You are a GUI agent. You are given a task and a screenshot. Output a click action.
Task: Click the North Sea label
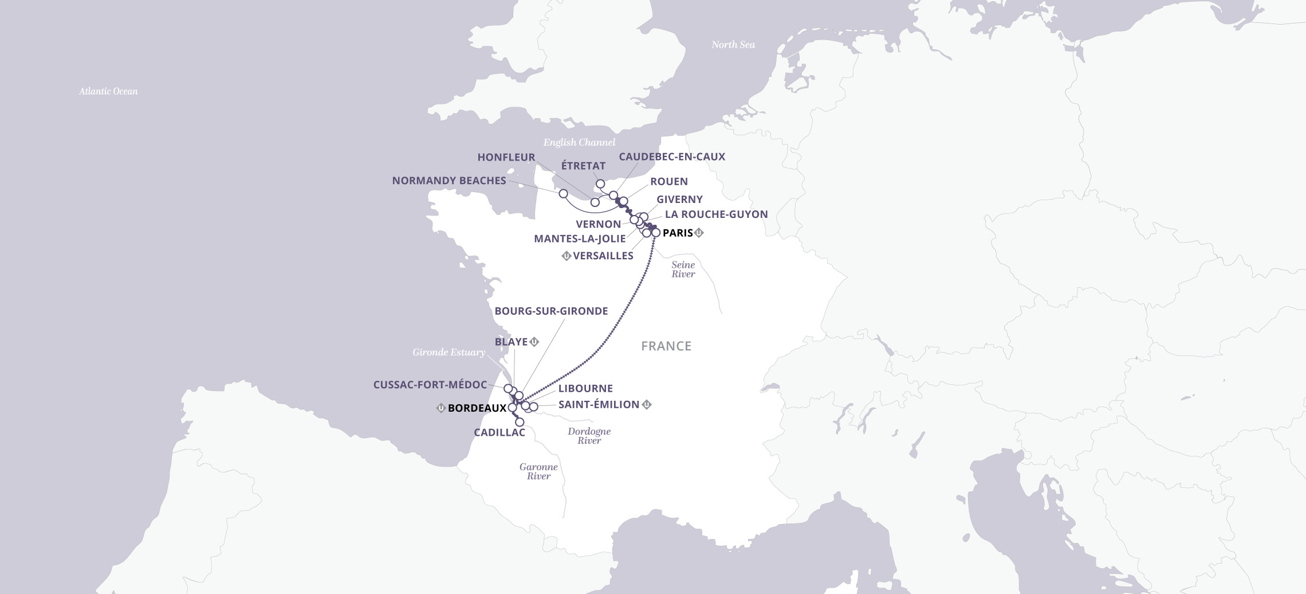pyautogui.click(x=733, y=45)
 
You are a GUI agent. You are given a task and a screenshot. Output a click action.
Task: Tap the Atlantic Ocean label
pyautogui.click(x=108, y=91)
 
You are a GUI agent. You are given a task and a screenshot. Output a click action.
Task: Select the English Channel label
pyautogui.click(x=579, y=142)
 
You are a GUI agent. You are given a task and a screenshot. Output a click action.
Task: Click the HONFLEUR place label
pyautogui.click(x=506, y=157)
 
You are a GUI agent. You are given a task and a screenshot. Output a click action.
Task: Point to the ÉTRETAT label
pyautogui.click(x=583, y=166)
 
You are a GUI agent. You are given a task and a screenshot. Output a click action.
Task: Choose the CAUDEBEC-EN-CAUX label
pyautogui.click(x=672, y=157)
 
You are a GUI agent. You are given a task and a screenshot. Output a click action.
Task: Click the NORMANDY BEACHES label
pyautogui.click(x=449, y=181)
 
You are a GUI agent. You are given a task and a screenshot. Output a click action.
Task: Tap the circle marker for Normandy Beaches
pyautogui.click(x=563, y=193)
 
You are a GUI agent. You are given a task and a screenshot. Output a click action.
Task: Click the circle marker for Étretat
pyautogui.click(x=600, y=184)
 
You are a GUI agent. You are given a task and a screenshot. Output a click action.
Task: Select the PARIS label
pyautogui.click(x=678, y=233)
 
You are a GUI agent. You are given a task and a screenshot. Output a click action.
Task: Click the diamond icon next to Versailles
pyautogui.click(x=566, y=256)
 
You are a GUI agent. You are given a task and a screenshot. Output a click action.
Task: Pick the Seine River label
pyautogui.click(x=683, y=269)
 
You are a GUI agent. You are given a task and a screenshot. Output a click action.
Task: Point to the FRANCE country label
pyautogui.click(x=666, y=346)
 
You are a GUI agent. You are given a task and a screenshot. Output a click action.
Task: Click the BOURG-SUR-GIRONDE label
pyautogui.click(x=551, y=311)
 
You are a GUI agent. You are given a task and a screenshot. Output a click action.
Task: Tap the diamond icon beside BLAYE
pyautogui.click(x=534, y=342)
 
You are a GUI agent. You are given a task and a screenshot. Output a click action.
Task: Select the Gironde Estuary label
pyautogui.click(x=449, y=352)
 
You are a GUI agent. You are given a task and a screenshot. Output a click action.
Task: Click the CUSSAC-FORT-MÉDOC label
pyautogui.click(x=430, y=385)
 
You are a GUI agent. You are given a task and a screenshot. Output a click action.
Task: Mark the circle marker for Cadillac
pyautogui.click(x=520, y=422)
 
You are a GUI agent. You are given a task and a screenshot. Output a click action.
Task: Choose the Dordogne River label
pyautogui.click(x=589, y=436)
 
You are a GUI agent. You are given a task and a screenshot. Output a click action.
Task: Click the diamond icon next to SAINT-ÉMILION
pyautogui.click(x=647, y=405)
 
